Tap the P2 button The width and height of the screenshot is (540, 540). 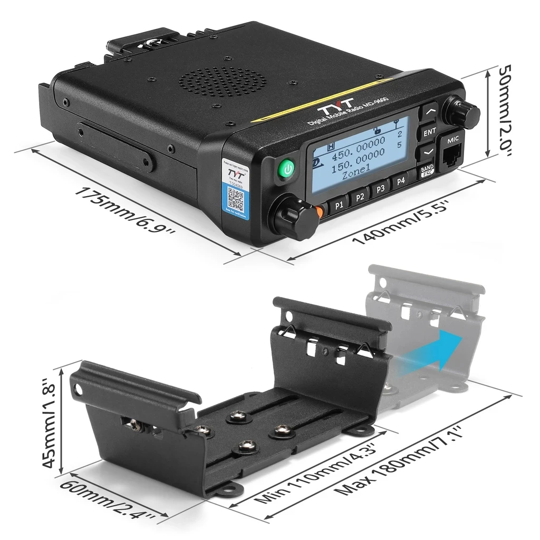click(360, 197)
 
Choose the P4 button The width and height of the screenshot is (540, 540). click(401, 180)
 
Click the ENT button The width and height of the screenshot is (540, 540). click(430, 131)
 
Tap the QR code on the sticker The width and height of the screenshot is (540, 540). click(235, 200)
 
